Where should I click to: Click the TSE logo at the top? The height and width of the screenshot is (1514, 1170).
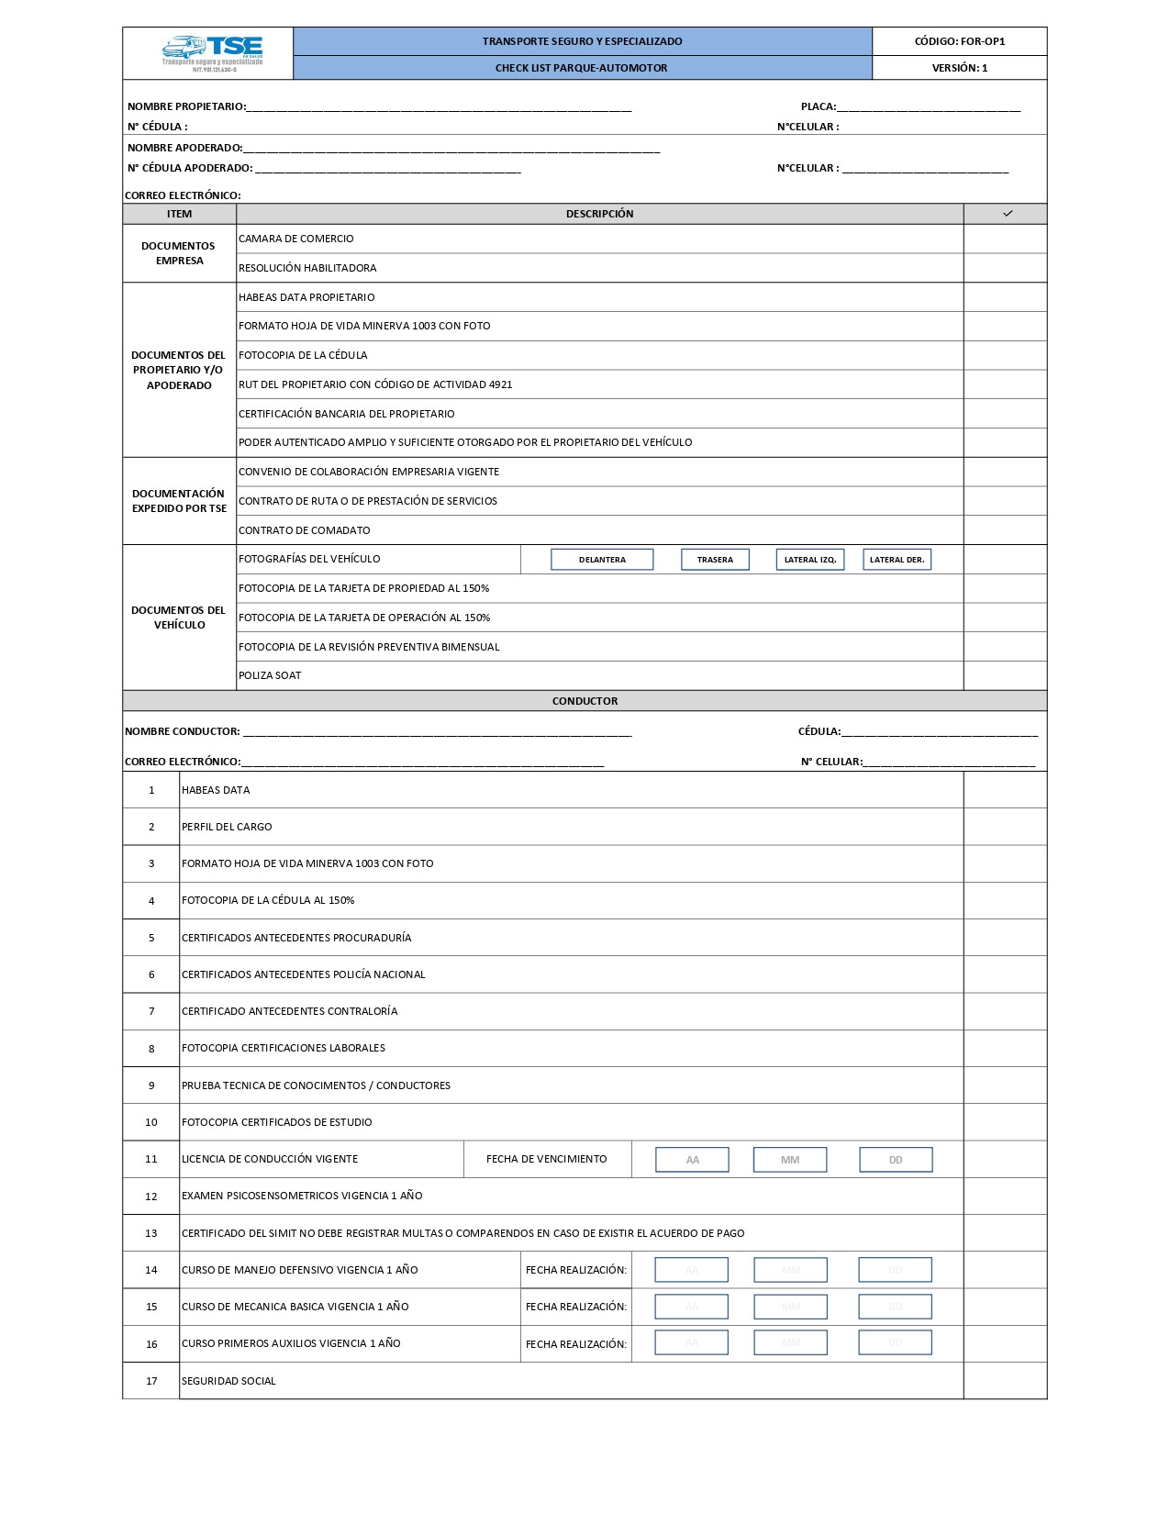(x=213, y=53)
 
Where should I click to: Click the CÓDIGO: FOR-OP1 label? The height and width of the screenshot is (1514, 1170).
(x=959, y=41)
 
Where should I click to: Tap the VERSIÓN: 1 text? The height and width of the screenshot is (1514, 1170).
(x=959, y=68)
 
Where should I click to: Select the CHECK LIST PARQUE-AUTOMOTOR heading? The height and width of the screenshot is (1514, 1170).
(x=581, y=68)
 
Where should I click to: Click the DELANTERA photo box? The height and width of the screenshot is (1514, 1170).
(x=602, y=560)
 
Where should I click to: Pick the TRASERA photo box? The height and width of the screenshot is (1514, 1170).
(x=715, y=560)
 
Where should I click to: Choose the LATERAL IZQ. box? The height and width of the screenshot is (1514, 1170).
(x=809, y=560)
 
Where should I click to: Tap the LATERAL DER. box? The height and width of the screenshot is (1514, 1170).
(x=897, y=560)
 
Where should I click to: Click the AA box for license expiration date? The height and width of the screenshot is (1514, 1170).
(x=692, y=1160)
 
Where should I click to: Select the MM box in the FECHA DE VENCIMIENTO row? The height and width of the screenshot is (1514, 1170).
(x=790, y=1160)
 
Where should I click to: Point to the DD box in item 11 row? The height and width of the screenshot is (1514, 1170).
(x=896, y=1160)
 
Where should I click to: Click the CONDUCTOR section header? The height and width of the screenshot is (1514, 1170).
(x=585, y=701)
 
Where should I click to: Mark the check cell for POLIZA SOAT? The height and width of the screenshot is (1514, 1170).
(x=1005, y=675)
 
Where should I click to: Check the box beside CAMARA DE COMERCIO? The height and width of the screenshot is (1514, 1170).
(x=1005, y=239)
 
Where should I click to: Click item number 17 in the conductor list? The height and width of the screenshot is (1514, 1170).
(x=151, y=1381)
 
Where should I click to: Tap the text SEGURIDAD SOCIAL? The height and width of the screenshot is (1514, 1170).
(x=228, y=1381)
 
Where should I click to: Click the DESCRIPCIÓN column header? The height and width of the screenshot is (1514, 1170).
(x=599, y=214)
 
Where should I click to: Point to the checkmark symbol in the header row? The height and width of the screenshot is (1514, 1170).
(x=1008, y=214)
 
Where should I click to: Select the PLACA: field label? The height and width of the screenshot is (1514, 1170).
(x=818, y=106)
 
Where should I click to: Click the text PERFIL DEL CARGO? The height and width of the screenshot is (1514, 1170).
(x=227, y=827)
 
